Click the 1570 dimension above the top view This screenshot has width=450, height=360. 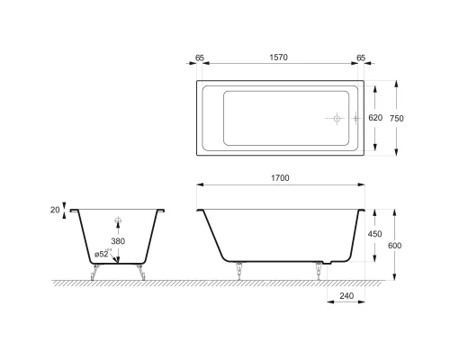tap(282, 56)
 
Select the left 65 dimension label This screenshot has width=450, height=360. tap(201, 56)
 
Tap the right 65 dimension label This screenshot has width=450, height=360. tap(362, 56)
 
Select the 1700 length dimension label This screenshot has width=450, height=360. tap(281, 179)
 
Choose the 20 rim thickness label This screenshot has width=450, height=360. tap(56, 210)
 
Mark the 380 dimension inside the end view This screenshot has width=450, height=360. tap(118, 241)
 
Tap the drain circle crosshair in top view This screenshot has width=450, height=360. tap(334, 119)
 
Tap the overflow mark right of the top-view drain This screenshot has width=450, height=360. tap(356, 119)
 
